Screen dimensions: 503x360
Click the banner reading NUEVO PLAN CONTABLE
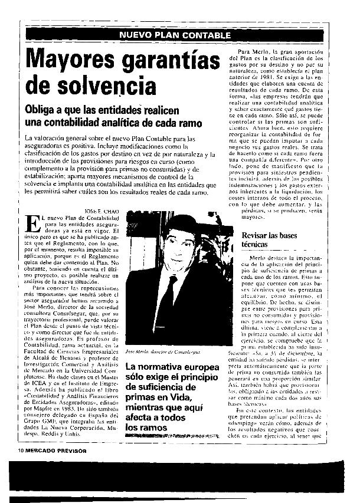pos(175,36)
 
